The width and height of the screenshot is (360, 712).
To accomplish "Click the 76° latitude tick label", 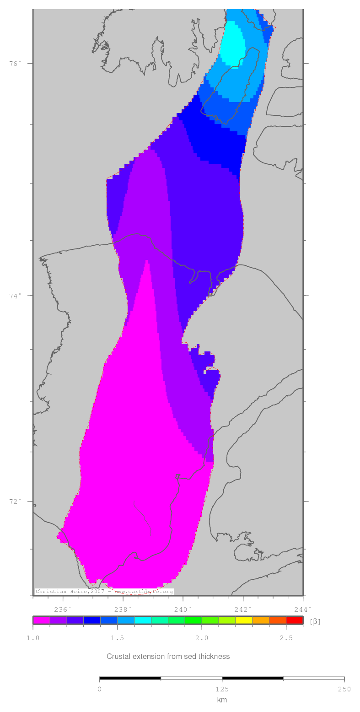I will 15,64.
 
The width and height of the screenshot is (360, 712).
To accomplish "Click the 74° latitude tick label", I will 15,296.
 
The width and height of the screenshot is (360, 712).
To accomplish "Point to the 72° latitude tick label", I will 15,501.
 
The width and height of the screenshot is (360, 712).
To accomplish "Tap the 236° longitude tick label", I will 63,610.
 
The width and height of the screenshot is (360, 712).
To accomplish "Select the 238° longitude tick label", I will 123,610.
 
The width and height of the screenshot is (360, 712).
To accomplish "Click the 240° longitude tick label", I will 183,610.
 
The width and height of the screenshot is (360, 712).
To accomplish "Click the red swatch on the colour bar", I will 295,620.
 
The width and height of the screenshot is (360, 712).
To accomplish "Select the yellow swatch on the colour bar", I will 244,620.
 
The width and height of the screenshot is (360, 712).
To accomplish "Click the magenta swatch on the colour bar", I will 41,620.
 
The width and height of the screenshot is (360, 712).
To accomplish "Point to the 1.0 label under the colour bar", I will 33,638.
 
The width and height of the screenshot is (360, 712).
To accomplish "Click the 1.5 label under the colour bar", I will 118,638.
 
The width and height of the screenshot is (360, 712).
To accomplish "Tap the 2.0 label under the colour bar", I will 202,638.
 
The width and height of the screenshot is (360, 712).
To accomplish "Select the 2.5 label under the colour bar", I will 286,638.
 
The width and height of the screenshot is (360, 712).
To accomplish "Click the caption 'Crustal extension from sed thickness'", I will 168,656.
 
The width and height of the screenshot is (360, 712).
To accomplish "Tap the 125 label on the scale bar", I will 222,690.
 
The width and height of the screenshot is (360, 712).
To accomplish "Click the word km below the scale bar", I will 222,700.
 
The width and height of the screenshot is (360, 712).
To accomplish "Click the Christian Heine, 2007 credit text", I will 70,592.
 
